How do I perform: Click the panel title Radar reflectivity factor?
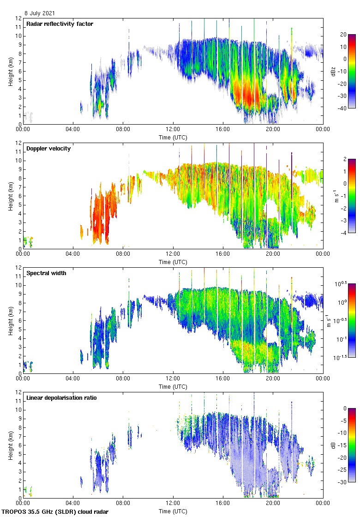pos(60,24)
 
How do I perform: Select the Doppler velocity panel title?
pos(48,148)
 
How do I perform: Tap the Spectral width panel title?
pos(47,273)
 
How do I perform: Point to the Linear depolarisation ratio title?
pos(61,397)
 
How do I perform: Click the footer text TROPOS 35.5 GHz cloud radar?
pos(55,511)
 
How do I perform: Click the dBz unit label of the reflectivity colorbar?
pos(333,71)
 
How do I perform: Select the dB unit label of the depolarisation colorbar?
pos(333,445)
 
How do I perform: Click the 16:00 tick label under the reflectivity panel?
pos(223,129)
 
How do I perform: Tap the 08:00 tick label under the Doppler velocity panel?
pos(123,254)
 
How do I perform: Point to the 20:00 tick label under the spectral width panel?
pos(273,379)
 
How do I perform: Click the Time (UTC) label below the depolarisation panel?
pos(173,511)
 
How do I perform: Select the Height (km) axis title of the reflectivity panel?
pos(10,71)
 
